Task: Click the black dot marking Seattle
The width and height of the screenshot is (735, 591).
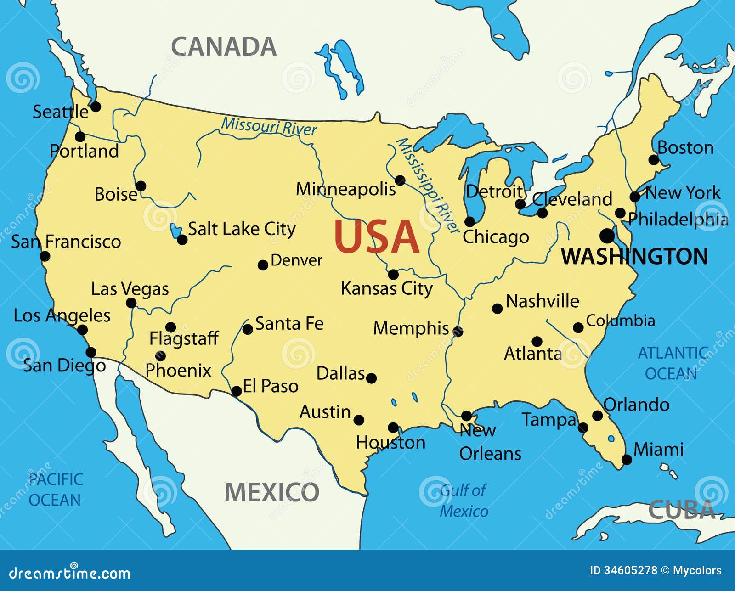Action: (96, 107)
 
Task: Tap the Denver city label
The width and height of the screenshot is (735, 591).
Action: (296, 260)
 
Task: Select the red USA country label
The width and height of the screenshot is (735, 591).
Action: (376, 237)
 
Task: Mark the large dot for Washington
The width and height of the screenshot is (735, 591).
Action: (607, 236)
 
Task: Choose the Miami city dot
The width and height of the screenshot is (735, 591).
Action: (627, 459)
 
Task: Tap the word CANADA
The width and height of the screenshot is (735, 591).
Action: (224, 47)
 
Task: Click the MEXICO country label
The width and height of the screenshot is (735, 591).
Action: (272, 492)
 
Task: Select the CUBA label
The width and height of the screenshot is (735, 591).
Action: (682, 510)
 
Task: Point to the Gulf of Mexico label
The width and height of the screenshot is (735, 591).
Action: (464, 501)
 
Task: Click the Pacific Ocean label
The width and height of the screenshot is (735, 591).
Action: (55, 490)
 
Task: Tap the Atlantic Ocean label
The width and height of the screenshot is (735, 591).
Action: (672, 363)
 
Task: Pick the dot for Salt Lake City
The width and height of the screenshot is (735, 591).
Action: (182, 240)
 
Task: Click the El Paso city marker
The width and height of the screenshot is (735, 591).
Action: (237, 391)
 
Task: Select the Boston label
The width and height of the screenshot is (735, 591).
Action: (685, 148)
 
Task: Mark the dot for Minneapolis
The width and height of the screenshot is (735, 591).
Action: (400, 180)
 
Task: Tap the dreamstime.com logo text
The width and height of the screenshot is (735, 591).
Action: (69, 573)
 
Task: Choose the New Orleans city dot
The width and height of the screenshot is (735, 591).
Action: (466, 416)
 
